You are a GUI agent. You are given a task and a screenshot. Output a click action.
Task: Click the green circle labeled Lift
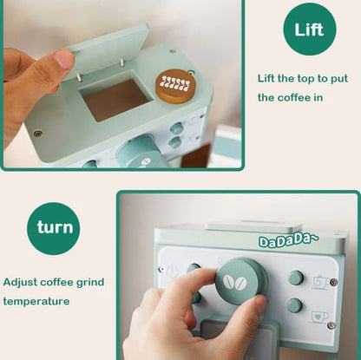[x=310, y=29]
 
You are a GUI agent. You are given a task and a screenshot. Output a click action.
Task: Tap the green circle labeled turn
[x=54, y=228]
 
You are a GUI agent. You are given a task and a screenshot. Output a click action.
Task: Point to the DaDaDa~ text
[x=288, y=241]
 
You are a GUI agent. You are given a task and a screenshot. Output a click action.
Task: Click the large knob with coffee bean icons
[x=241, y=280]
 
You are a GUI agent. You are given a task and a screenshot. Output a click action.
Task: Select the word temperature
[x=36, y=301]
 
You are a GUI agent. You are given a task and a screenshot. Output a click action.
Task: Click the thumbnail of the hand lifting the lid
[x=122, y=84]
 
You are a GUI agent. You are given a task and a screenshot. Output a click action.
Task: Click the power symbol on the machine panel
[x=173, y=270]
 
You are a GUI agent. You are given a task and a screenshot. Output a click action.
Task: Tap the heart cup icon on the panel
[x=319, y=317]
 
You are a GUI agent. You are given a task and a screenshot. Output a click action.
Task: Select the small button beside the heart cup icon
[x=294, y=305]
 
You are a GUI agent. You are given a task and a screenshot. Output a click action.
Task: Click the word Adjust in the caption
[x=20, y=282]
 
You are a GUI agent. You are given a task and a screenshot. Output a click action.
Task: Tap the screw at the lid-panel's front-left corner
[x=37, y=134]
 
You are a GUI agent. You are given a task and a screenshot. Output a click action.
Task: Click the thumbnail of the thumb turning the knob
[x=239, y=275]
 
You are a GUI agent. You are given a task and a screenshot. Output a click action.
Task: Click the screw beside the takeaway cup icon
[x=334, y=281]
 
